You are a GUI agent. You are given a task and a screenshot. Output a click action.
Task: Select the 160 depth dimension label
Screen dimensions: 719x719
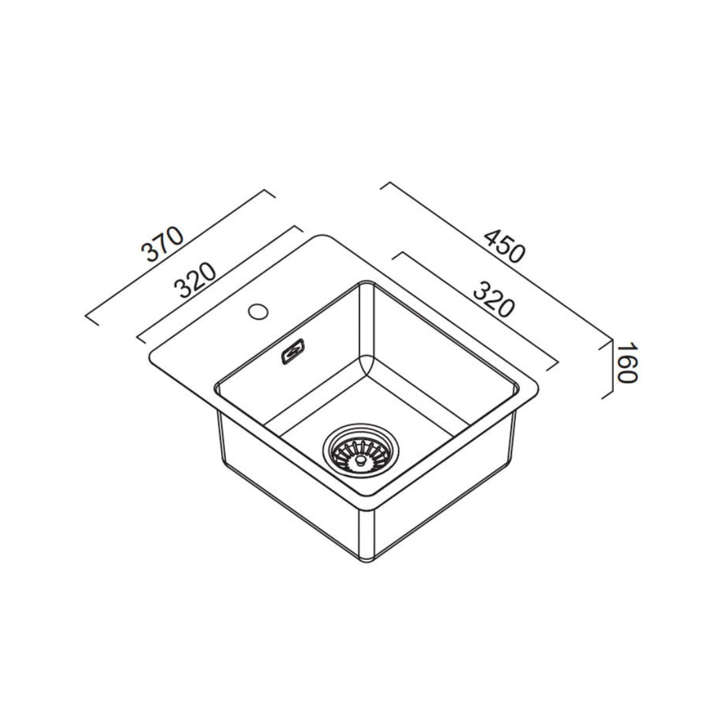point(627,363)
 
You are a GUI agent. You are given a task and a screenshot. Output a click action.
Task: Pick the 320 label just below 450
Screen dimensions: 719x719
point(494,298)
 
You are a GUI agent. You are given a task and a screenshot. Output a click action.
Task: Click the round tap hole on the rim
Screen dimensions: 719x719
point(258,311)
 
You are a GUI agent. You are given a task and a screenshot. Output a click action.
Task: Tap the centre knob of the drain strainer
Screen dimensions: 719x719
point(360,458)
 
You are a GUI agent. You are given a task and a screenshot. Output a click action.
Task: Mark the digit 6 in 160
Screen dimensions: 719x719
point(627,363)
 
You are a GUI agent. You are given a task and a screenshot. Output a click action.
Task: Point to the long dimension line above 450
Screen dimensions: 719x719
point(496,260)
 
